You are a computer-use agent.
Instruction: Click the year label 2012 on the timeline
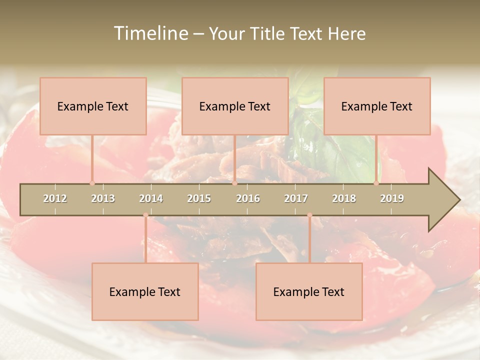pyautogui.click(x=55, y=198)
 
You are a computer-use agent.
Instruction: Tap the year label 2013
pyautogui.click(x=103, y=198)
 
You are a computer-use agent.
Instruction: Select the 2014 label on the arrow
pyautogui.click(x=151, y=198)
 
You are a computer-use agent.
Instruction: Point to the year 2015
pyautogui.click(x=199, y=198)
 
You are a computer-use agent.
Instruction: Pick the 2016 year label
pyautogui.click(x=248, y=198)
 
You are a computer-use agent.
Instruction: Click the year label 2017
pyautogui.click(x=296, y=198)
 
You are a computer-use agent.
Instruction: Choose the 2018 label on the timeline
pyautogui.click(x=344, y=198)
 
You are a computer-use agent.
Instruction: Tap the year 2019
pyautogui.click(x=392, y=198)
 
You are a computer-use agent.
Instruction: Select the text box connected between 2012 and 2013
pyautogui.click(x=93, y=106)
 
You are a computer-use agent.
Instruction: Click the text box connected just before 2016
pyautogui.click(x=235, y=106)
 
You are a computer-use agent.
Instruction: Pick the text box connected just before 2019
pyautogui.click(x=377, y=106)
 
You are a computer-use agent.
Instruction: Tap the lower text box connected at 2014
pyautogui.click(x=145, y=291)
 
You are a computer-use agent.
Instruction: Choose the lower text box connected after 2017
pyautogui.click(x=309, y=291)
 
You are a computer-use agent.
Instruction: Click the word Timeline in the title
pyautogui.click(x=150, y=33)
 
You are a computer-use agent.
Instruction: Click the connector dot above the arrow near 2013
pyautogui.click(x=92, y=183)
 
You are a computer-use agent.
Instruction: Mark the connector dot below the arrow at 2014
pyautogui.click(x=145, y=215)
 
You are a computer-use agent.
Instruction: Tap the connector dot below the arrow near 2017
pyautogui.click(x=309, y=215)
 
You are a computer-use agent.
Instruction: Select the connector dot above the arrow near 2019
pyautogui.click(x=376, y=183)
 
